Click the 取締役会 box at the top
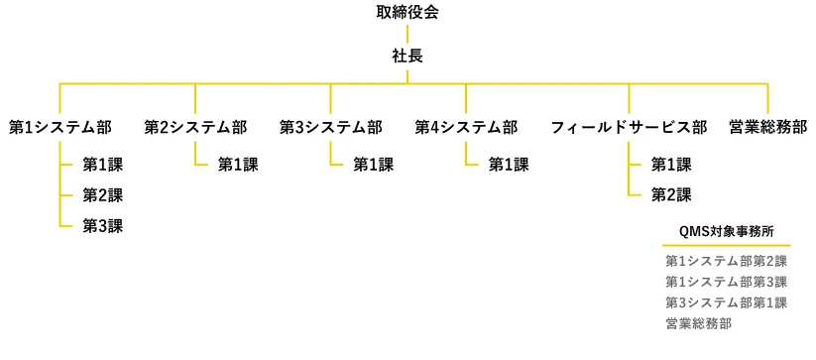408,13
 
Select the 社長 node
408,57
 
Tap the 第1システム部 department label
59,127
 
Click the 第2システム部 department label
195,127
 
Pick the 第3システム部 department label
330,127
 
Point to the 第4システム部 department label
466,127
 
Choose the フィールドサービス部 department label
629,127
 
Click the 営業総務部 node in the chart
767,127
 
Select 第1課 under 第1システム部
102,165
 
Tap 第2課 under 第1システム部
102,195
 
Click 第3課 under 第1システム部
102,226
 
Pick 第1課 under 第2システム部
238,165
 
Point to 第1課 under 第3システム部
373,165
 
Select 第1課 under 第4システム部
509,165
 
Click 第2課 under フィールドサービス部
671,195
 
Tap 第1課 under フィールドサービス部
671,165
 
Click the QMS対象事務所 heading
727,230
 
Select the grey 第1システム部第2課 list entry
726,262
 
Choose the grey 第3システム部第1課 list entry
726,302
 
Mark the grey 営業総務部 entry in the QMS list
699,323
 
